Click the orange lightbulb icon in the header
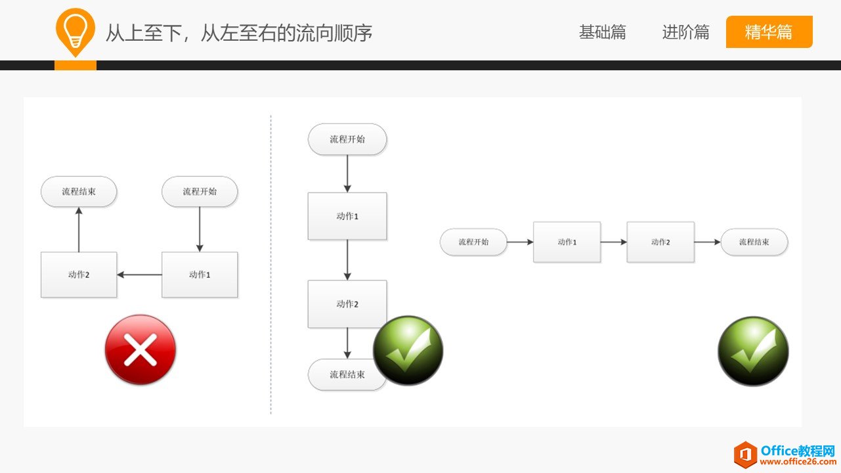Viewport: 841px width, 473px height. pyautogui.click(x=75, y=32)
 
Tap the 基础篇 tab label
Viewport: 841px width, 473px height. pyautogui.click(x=602, y=32)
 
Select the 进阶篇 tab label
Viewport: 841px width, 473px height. pyautogui.click(x=685, y=32)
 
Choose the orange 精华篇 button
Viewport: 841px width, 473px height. pyautogui.click(x=769, y=32)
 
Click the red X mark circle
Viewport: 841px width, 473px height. pyautogui.click(x=140, y=349)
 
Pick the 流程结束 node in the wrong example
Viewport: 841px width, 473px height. pyautogui.click(x=79, y=192)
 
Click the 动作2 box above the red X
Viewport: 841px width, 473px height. pyautogui.click(x=79, y=275)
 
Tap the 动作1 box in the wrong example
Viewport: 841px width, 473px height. pyautogui.click(x=200, y=275)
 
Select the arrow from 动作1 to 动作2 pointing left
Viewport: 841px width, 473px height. pyautogui.click(x=139, y=275)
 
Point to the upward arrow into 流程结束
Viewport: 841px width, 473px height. pyautogui.click(x=79, y=229)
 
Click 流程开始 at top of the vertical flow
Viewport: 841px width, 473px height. pyautogui.click(x=347, y=139)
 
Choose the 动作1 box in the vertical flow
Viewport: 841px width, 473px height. pyautogui.click(x=347, y=216)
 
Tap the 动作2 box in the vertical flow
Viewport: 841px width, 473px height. pyautogui.click(x=347, y=304)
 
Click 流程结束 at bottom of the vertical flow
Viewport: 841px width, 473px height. pyautogui.click(x=347, y=374)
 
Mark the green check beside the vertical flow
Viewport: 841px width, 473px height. pyautogui.click(x=408, y=350)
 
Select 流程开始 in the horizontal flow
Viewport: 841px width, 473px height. pyautogui.click(x=473, y=242)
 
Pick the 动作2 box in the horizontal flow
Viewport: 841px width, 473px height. pyautogui.click(x=660, y=242)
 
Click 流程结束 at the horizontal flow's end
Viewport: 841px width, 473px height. pyautogui.click(x=754, y=242)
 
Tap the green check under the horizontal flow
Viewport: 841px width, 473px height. pyautogui.click(x=753, y=351)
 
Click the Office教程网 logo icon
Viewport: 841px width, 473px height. pyautogui.click(x=745, y=455)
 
